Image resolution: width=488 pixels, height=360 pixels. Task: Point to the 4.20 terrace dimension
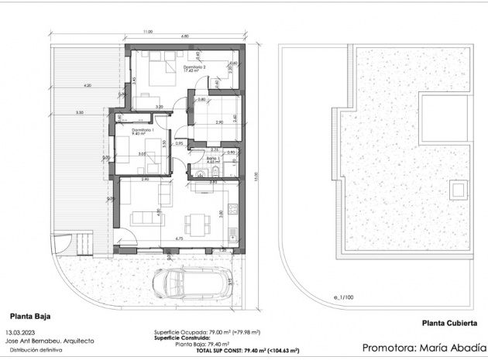click(88, 85)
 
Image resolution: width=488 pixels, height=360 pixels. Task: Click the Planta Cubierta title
click(448, 324)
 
